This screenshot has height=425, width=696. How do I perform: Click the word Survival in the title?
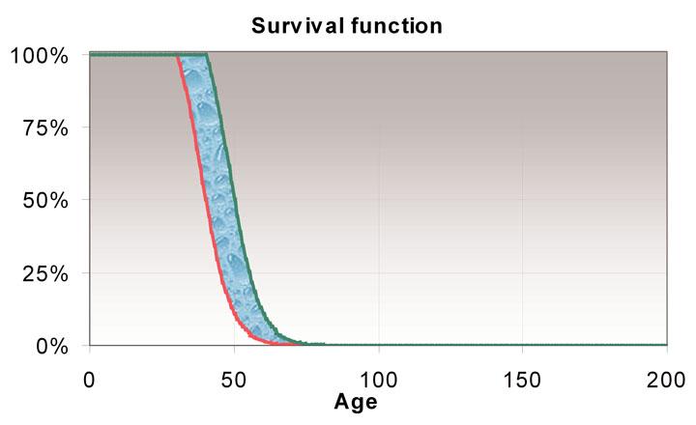[x=292, y=25]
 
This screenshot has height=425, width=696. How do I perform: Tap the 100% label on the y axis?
[x=40, y=55]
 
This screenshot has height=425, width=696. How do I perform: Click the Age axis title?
[x=356, y=401]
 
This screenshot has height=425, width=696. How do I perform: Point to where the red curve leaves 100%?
[x=177, y=55]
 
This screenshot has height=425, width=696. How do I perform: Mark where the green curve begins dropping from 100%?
[x=207, y=55]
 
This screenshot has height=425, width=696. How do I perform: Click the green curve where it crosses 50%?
[x=237, y=200]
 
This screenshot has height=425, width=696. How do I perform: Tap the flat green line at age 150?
[x=522, y=345]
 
